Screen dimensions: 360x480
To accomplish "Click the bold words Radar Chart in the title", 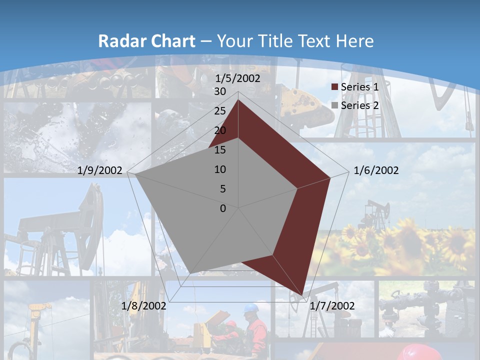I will coord(146,41).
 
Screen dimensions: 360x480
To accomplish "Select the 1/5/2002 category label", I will coord(237,78).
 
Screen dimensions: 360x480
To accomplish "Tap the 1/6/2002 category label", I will coord(376,171).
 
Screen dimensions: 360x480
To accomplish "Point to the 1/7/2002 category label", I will coord(332,305).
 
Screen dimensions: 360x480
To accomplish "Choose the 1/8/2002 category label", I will coord(143,305).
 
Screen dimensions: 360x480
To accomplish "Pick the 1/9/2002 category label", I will coord(100,171).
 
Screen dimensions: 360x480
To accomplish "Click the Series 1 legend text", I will coord(359,87).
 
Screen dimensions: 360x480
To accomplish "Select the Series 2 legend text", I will coord(359,105).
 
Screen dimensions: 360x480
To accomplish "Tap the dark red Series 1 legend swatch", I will coord(335,87).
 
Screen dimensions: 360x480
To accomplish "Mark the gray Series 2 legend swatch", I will coord(335,106).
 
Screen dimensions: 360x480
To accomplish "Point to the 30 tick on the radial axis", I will coord(219,91).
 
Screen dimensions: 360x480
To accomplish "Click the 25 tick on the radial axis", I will coord(219,111).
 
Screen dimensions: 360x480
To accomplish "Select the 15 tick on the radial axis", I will coord(219,150).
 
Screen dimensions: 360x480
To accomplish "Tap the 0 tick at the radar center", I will coord(223,208).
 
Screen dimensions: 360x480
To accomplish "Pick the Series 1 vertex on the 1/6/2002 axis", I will coord(330,177).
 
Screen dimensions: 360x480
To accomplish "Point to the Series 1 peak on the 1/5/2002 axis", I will coord(238,100).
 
